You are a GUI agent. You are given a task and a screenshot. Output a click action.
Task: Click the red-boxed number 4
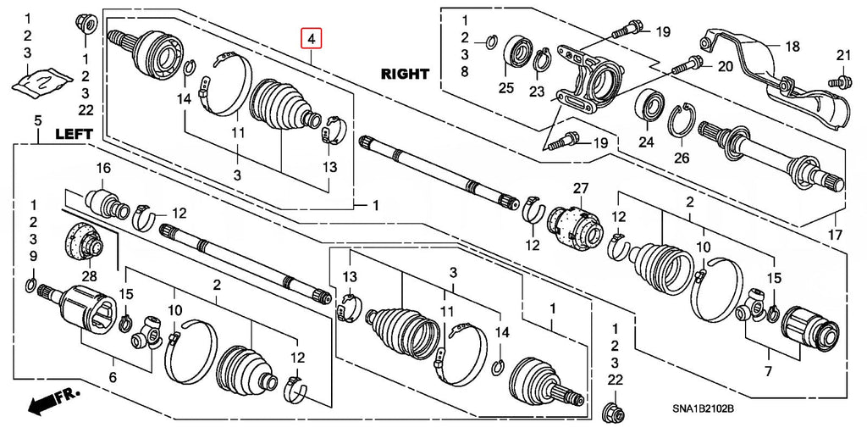311,39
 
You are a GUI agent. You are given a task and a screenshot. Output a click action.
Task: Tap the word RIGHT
404,73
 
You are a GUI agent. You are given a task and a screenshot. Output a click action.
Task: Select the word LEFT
73,135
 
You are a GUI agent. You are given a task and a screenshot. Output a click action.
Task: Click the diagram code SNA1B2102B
703,409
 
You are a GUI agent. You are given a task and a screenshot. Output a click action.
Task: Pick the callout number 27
580,188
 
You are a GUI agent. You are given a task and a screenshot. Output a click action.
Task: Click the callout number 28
89,275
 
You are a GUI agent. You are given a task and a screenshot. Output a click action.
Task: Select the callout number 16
103,169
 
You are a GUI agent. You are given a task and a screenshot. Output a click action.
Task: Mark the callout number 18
792,47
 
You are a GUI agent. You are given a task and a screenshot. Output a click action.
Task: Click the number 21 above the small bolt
843,55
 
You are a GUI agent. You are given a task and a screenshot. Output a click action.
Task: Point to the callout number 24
646,142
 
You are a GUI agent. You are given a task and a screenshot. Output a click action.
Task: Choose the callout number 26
682,158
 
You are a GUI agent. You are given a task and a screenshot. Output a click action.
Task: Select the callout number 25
506,87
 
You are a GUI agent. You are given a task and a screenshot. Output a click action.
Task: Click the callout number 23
536,92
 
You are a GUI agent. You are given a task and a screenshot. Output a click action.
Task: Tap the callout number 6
113,378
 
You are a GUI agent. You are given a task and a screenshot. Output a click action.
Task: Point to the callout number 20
725,67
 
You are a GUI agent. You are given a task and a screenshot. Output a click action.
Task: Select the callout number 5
37,120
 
